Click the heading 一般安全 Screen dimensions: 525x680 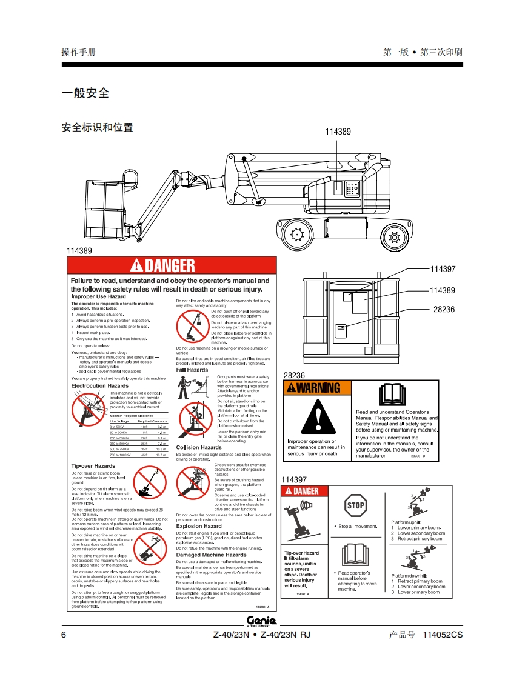(85, 93)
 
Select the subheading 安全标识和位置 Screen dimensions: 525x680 (98, 128)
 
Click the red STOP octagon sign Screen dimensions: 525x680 (356, 505)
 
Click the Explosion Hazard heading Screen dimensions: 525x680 (199, 526)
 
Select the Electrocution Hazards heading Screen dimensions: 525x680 (100, 385)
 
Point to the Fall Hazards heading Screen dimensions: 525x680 (192, 370)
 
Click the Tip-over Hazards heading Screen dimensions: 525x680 (93, 465)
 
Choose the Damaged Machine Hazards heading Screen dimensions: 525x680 (211, 555)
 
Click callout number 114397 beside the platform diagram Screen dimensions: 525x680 (443, 269)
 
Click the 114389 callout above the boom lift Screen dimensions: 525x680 (338, 132)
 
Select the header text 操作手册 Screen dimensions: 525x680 (78, 52)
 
